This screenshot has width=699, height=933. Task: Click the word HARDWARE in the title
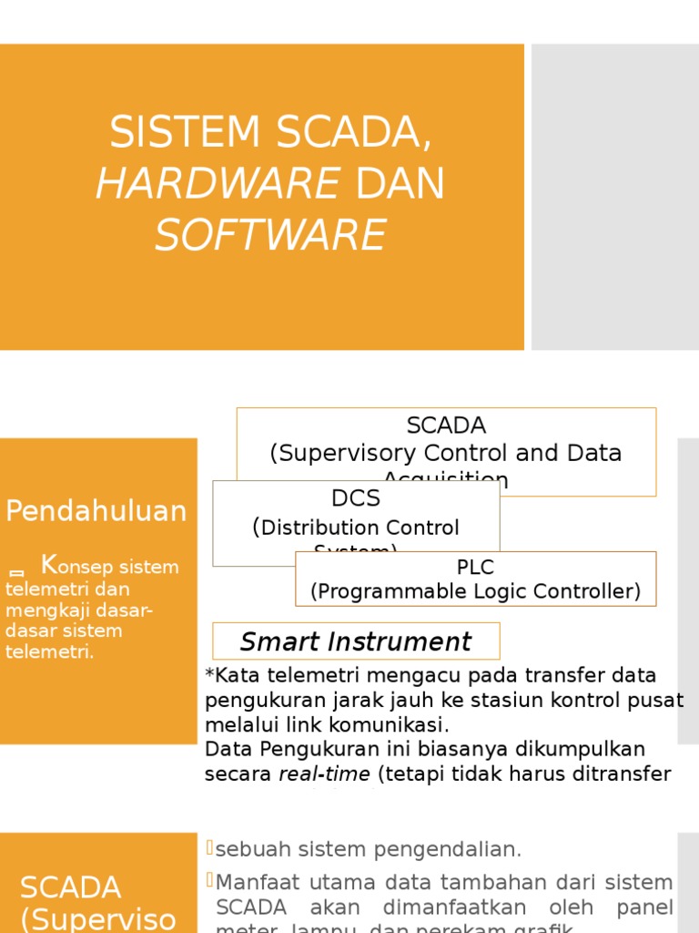point(218,184)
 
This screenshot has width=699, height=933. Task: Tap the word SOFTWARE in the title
point(270,235)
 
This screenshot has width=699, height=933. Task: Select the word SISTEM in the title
point(185,133)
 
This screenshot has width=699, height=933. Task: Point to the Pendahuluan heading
point(96,511)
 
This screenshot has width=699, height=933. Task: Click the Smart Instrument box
point(356,641)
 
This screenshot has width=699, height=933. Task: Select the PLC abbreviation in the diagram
point(475,568)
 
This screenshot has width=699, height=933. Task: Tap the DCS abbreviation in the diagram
point(356,498)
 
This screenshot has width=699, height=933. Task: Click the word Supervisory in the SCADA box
point(342,453)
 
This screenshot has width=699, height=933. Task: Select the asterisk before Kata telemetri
point(210,676)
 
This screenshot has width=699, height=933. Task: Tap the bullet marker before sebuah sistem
point(209,848)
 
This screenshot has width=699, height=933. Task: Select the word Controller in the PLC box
point(589,591)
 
